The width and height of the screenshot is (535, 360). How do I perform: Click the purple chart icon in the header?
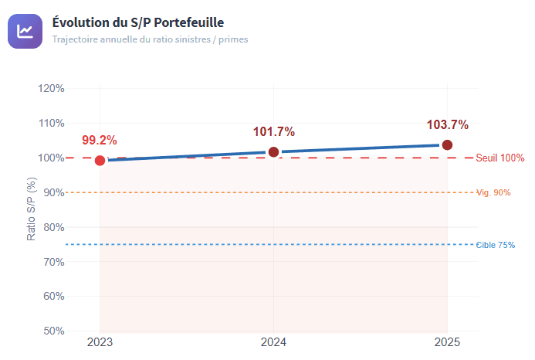click(25, 31)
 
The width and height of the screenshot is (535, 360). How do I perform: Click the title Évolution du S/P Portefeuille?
click(137, 22)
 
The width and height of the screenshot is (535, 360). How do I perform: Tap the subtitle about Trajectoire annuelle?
click(150, 39)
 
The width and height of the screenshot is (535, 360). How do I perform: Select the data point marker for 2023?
click(100, 161)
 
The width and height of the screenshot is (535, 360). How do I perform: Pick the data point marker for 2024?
click(273, 152)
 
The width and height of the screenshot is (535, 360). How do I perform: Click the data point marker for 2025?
click(447, 145)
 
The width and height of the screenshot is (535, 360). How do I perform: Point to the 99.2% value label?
click(100, 141)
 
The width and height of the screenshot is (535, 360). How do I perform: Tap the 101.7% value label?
click(273, 132)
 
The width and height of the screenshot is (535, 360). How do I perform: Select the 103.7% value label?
click(447, 125)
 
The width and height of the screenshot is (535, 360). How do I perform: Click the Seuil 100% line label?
click(499, 158)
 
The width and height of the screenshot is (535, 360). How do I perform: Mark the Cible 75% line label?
click(495, 245)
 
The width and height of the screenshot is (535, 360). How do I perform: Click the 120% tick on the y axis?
click(51, 88)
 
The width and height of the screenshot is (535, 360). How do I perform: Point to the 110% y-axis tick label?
click(51, 123)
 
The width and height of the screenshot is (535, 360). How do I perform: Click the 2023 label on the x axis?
click(100, 342)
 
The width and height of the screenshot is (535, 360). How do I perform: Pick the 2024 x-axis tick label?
click(273, 342)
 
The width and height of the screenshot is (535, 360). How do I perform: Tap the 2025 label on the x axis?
click(447, 342)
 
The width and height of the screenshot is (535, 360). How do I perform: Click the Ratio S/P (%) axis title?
click(32, 209)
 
